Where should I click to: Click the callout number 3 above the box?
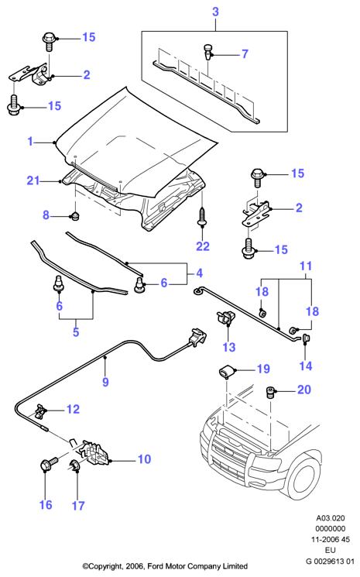click(215, 12)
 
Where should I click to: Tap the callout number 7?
click(245, 54)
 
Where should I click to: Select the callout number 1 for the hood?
click(30, 141)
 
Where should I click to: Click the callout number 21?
click(33, 180)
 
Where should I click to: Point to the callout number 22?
click(203, 246)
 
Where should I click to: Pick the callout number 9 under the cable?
click(105, 382)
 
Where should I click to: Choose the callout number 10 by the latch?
click(145, 459)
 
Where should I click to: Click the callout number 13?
click(228, 347)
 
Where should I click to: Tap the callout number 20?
click(304, 390)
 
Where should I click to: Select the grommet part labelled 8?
click(76, 216)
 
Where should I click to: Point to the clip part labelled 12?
click(40, 411)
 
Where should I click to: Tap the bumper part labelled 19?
click(227, 371)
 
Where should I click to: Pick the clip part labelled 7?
click(207, 51)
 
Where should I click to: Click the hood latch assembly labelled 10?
click(95, 452)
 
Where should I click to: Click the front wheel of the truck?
click(303, 476)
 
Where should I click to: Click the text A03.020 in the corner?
click(331, 518)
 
